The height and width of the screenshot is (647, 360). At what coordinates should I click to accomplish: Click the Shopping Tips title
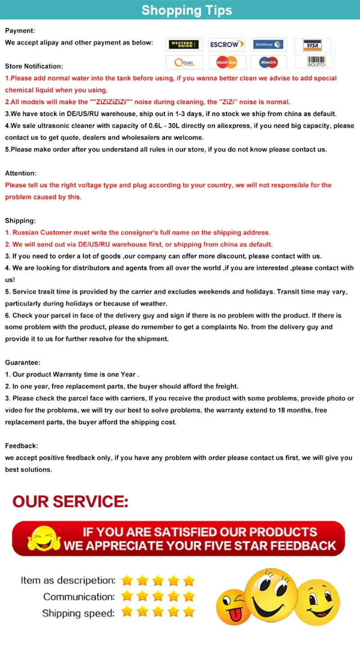(x=187, y=10)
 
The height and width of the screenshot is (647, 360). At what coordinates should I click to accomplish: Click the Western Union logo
(x=184, y=45)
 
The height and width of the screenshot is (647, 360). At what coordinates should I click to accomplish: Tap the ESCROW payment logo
(x=227, y=45)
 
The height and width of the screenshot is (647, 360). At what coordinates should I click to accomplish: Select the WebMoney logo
(x=268, y=45)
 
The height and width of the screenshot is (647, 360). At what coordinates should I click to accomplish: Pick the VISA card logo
(x=312, y=45)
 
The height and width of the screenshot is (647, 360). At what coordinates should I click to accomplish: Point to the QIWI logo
(x=184, y=62)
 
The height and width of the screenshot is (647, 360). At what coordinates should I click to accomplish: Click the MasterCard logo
(x=226, y=62)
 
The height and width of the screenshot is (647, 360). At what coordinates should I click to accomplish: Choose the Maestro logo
(x=268, y=62)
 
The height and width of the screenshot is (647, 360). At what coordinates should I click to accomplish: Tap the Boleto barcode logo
(x=313, y=62)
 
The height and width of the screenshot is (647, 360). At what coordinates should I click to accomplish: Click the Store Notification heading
(x=34, y=66)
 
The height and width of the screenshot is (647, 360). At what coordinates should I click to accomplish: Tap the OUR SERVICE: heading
(x=70, y=501)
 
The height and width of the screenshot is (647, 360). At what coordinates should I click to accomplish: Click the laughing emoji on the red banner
(x=44, y=538)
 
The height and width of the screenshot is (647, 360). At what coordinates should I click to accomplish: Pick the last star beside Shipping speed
(x=189, y=612)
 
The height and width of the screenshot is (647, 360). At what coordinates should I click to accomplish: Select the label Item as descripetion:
(x=68, y=580)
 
